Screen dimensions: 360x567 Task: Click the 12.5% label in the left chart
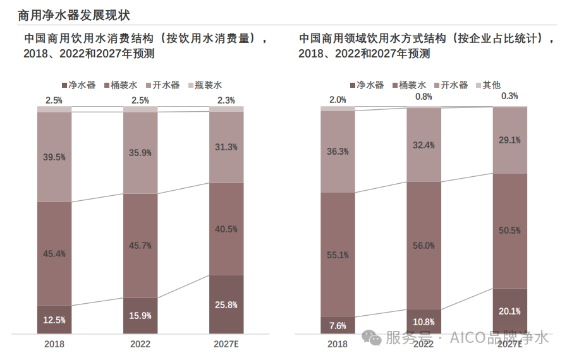tap(54, 320)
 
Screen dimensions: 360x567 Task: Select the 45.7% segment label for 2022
tap(140, 246)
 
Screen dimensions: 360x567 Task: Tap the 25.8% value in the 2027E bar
tap(226, 305)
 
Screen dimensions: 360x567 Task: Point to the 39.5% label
tap(54, 157)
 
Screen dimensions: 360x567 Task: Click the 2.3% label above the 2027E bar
tap(226, 100)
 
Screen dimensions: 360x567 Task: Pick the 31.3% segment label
tap(226, 147)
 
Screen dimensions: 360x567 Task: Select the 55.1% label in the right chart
tap(338, 255)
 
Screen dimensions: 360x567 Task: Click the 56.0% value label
tap(424, 246)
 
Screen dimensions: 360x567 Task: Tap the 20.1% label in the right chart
tap(509, 311)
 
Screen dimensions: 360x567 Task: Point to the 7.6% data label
tap(338, 326)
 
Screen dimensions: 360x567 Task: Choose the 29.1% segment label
tap(509, 140)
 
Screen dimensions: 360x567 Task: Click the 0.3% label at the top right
tap(509, 97)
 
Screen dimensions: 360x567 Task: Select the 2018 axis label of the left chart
tap(54, 344)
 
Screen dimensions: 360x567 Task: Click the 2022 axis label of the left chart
tap(140, 344)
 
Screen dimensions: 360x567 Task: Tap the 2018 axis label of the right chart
tap(338, 344)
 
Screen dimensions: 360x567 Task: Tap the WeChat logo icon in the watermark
tap(372, 339)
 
